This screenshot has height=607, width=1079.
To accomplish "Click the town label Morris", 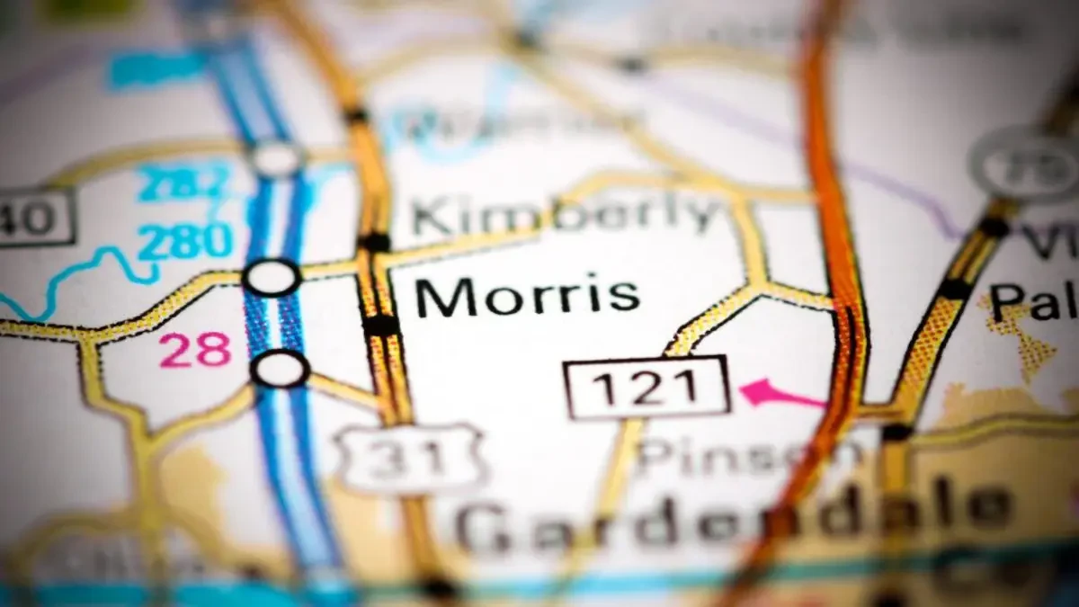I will pos(528,297).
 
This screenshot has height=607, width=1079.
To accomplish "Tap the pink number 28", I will pos(195,351).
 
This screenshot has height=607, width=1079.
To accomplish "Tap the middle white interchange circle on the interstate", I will pos(272,277).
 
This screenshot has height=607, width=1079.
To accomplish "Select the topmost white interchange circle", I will pos(276,159).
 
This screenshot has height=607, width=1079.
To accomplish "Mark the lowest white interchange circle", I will pos(281,369).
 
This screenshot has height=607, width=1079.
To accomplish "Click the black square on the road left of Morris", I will pos(382,325).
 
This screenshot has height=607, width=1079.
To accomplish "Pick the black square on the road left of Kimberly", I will pos(374,242).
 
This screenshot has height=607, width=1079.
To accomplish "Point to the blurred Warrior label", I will pos(513,126).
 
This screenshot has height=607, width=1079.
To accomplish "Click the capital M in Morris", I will pos(436,298).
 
